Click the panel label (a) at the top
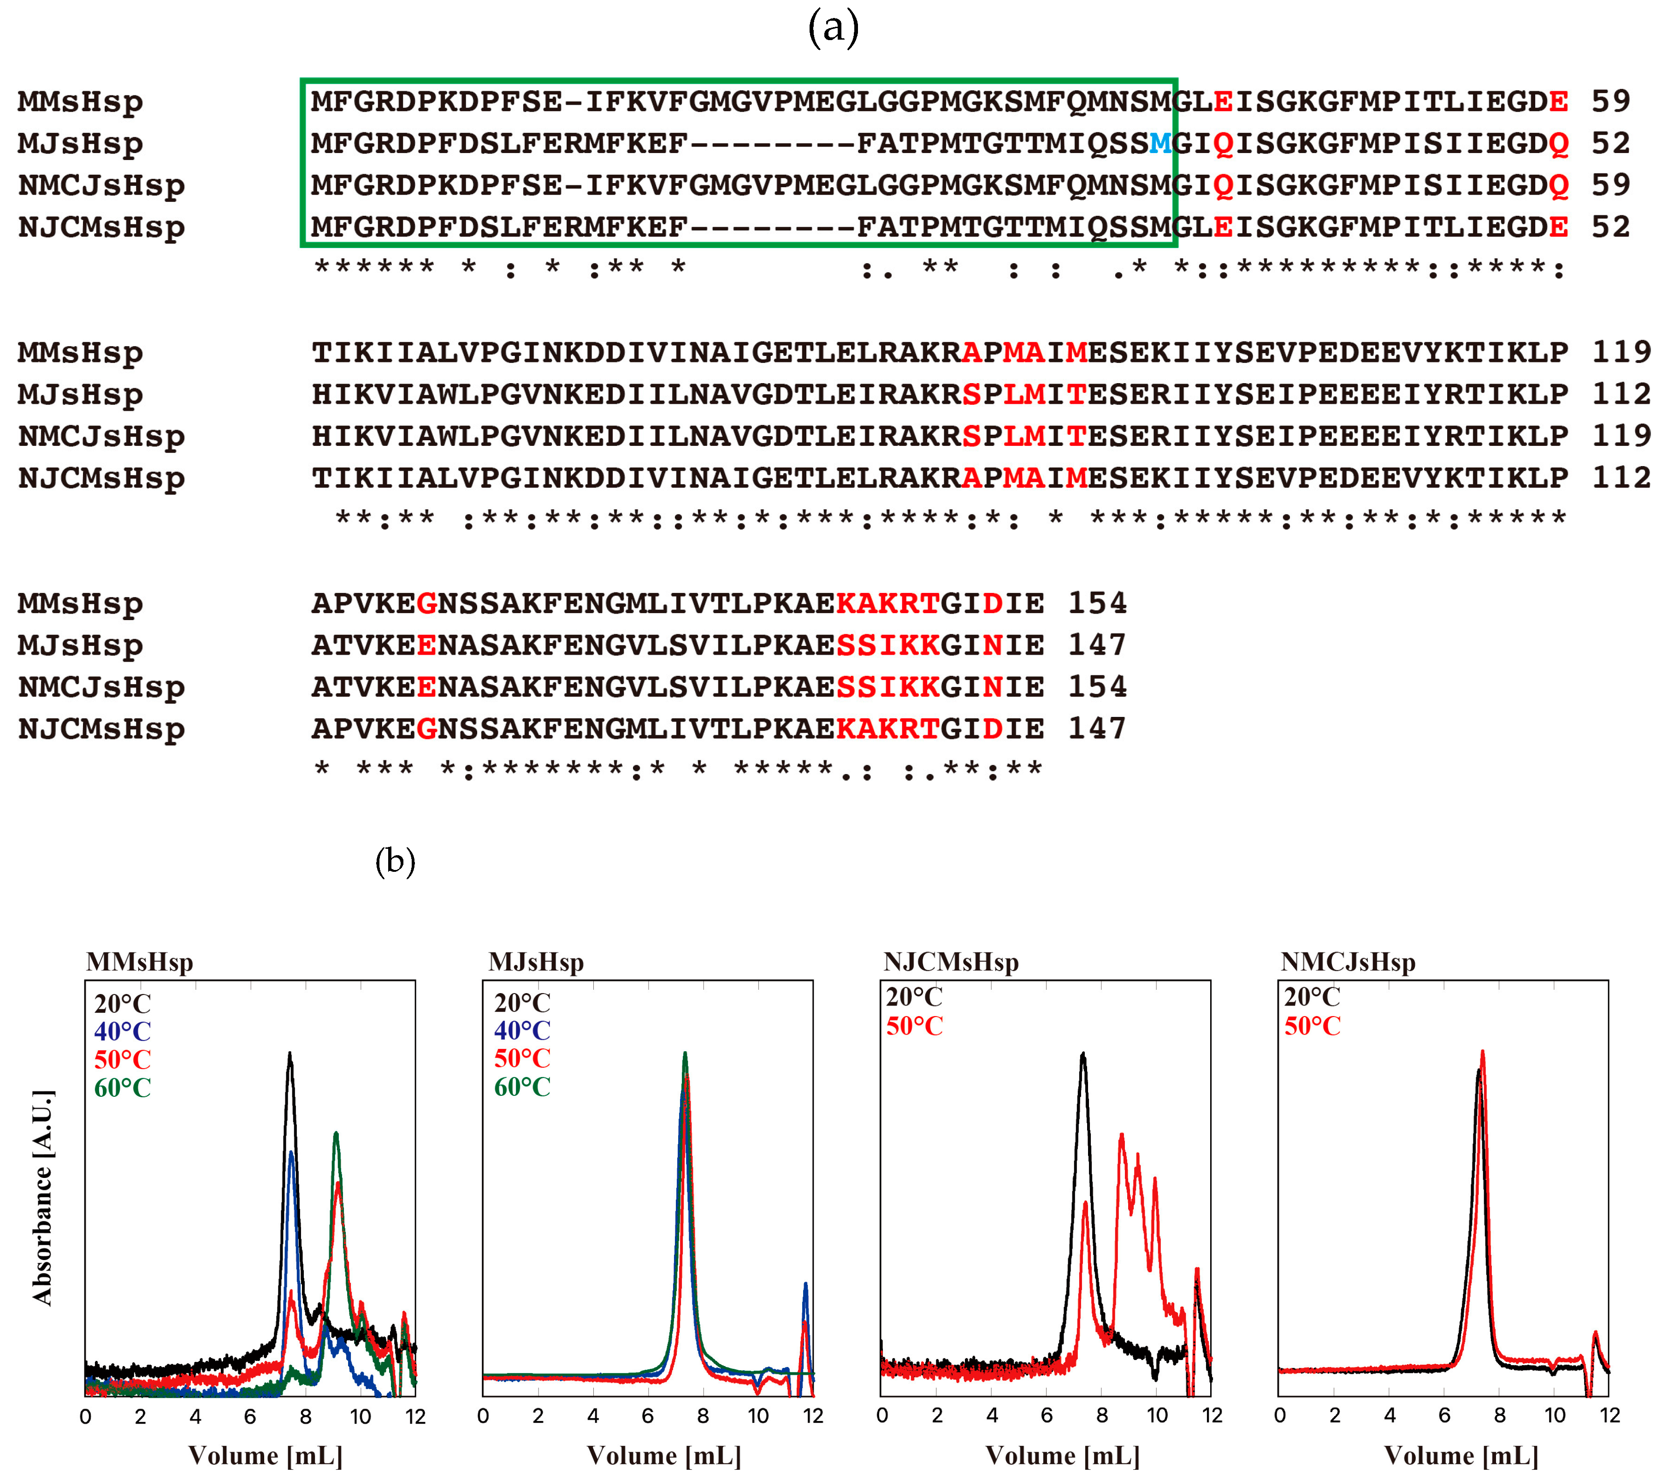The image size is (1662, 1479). pyautogui.click(x=833, y=29)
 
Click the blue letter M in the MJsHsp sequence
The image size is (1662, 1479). pyautogui.click(x=1160, y=144)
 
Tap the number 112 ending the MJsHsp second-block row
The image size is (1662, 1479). pyautogui.click(x=1621, y=394)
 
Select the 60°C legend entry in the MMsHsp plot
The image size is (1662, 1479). pyautogui.click(x=123, y=1088)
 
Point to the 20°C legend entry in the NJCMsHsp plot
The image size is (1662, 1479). pyautogui.click(x=914, y=997)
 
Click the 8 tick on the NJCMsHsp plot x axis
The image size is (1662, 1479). pyautogui.click(x=1102, y=1415)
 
